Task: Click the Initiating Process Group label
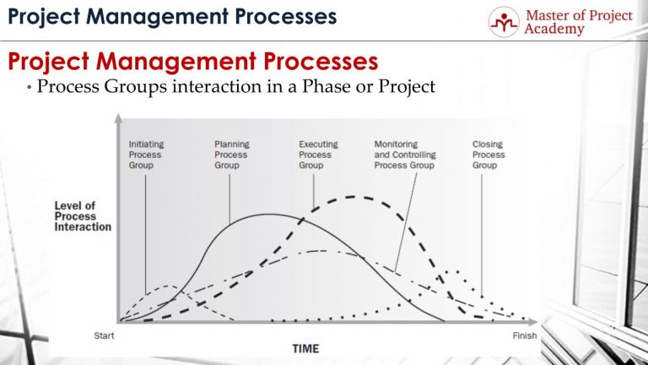pos(145,155)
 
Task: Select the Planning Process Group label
pos(231,155)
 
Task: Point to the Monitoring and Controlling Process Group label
pos(404,155)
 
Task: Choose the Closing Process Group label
pos(489,155)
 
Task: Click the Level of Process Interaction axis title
pos(83,216)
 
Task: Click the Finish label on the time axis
pos(525,335)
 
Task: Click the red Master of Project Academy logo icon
pos(505,21)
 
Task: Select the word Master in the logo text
pos(548,14)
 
